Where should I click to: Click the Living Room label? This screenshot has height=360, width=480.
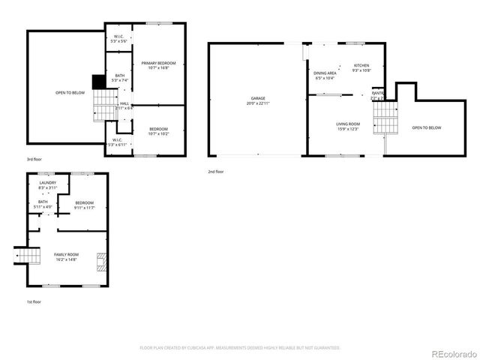[347, 125]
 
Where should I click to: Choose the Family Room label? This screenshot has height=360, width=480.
[65, 256]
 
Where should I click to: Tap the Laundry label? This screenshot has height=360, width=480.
[47, 184]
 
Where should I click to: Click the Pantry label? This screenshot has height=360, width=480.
[377, 95]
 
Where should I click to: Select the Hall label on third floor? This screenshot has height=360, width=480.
[124, 105]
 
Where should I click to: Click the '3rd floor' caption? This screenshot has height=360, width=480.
[34, 160]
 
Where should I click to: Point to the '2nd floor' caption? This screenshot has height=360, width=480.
[216, 172]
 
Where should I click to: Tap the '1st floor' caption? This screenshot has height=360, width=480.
[34, 301]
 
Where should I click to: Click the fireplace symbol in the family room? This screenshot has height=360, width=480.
[101, 262]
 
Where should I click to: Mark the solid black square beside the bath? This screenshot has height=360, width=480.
[97, 81]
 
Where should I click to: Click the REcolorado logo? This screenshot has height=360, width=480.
[452, 353]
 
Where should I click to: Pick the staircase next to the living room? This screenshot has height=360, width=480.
[384, 116]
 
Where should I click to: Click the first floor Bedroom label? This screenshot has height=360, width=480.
[84, 205]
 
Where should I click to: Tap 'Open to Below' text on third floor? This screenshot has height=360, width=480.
[70, 93]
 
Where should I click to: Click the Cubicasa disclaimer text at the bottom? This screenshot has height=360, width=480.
[240, 348]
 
